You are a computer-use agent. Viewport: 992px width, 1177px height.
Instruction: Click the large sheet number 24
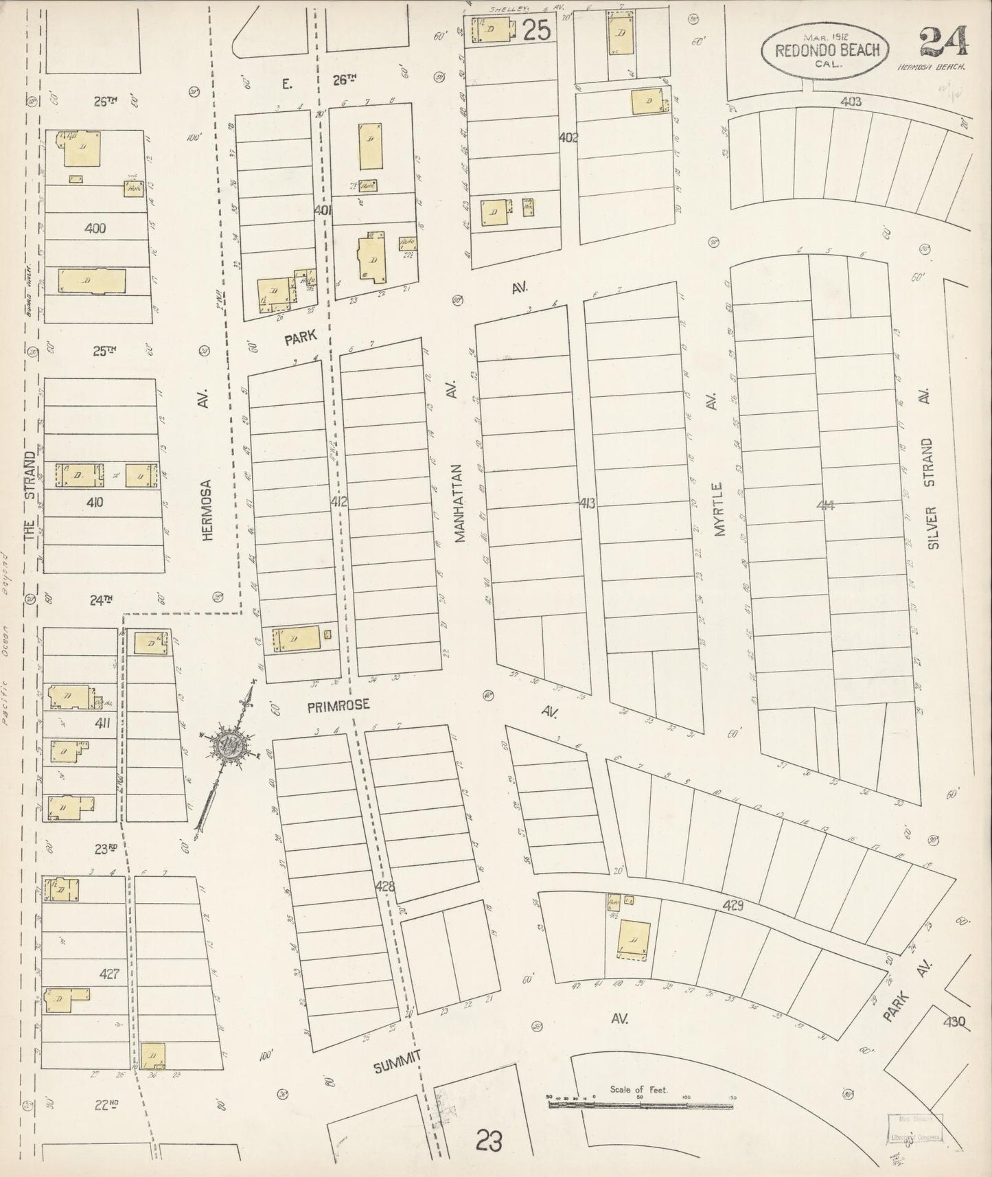944,43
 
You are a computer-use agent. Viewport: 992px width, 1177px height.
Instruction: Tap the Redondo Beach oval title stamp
826,49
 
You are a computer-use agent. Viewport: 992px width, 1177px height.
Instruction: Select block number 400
95,228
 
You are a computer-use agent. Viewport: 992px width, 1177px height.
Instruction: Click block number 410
95,503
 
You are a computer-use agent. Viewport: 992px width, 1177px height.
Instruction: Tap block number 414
826,505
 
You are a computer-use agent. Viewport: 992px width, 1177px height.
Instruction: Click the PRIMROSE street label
338,705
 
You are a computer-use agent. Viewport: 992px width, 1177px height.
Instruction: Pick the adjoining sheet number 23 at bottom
488,1141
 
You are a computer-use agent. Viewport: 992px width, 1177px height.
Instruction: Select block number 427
110,973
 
